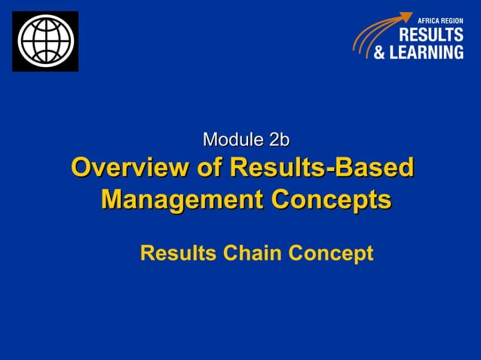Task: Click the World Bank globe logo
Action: [45, 41]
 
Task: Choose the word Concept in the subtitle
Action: [329, 254]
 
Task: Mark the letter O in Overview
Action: [81, 168]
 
